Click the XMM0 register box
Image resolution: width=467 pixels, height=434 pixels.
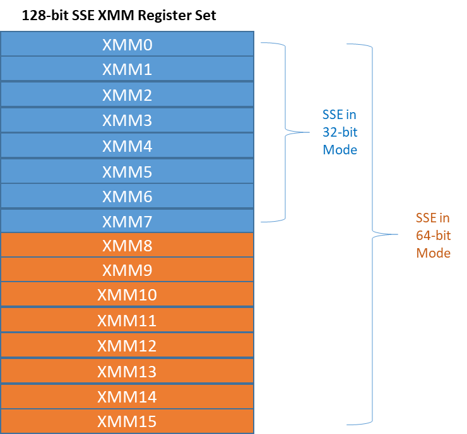point(127,44)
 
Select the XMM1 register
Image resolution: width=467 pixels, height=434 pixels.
point(127,69)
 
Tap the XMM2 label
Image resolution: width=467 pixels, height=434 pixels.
point(127,95)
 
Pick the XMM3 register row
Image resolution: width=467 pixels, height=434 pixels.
point(127,120)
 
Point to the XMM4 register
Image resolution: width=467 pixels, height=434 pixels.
point(127,146)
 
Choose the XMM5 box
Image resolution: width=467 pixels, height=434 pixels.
point(127,171)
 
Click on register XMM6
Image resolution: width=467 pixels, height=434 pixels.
point(127,197)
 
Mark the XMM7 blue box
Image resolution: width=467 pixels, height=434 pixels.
point(127,221)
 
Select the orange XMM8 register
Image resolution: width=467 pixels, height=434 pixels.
point(127,245)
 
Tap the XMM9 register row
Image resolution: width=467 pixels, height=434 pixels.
point(127,270)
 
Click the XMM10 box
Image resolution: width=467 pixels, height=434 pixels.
point(127,295)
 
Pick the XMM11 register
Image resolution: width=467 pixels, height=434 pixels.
point(127,321)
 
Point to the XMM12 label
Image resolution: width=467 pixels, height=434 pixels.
point(127,346)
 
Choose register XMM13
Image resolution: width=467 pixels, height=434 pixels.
point(127,371)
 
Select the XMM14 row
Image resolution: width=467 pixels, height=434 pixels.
point(127,397)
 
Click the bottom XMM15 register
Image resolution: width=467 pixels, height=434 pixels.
point(127,421)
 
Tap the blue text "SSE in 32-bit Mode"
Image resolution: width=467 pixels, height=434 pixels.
point(340,132)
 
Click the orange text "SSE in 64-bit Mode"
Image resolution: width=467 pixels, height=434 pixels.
point(433,236)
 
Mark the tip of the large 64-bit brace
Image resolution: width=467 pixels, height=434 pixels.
point(398,234)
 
